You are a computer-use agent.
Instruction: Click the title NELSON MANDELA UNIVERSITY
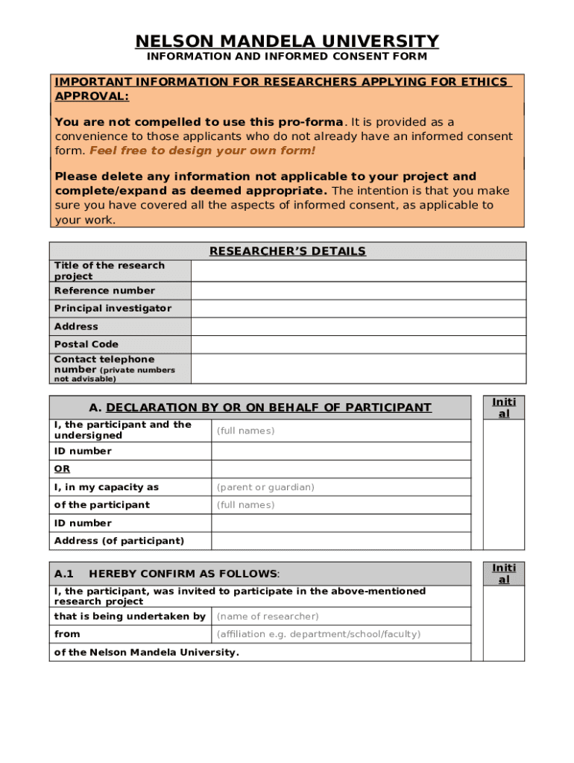pos(287,41)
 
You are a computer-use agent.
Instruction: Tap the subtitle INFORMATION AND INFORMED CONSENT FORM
pos(287,57)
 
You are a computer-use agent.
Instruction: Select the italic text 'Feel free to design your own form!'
pos(202,151)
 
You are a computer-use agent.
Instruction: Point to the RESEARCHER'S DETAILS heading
pos(287,251)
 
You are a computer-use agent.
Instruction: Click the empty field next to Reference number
pos(358,291)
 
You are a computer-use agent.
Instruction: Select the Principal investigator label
pos(113,308)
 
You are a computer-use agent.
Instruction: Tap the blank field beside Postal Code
pos(358,344)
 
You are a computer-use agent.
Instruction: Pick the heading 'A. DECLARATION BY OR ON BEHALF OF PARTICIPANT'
pos(260,408)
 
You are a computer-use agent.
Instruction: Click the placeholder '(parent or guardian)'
pos(265,487)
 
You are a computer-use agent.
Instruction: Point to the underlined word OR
pos(62,469)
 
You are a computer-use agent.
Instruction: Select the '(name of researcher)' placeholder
pos(268,616)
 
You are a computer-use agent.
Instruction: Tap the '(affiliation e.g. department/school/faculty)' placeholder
pos(318,634)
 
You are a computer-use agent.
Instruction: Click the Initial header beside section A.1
pos(504,574)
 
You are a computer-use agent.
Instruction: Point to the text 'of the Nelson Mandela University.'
pos(147,652)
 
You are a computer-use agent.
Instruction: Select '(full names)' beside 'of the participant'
pos(245,505)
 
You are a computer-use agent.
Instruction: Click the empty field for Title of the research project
pos(358,270)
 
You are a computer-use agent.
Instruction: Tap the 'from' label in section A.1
pos(67,634)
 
